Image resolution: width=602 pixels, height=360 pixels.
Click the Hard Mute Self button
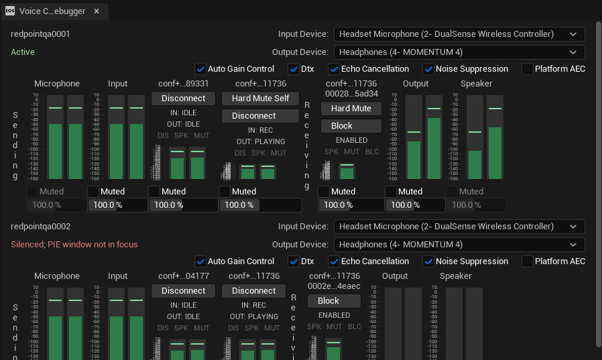pos(260,99)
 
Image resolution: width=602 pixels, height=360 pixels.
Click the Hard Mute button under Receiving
pos(351,109)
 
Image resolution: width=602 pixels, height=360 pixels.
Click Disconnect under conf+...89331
pos(183,99)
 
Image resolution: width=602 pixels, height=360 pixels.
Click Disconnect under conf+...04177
pos(183,291)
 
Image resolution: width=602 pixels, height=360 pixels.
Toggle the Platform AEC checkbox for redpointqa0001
pos(528,69)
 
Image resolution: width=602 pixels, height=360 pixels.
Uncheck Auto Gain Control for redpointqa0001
pos(200,69)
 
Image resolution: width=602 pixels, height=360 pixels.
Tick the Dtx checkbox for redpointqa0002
pos(294,261)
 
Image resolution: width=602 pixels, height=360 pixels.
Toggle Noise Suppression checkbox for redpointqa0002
pos(428,261)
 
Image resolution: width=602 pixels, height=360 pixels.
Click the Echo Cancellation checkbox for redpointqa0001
pos(334,69)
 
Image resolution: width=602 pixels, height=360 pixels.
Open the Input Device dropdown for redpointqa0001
pos(459,34)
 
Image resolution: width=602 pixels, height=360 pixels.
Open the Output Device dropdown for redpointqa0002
pos(459,245)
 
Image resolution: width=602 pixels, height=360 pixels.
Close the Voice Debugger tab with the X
pos(97,11)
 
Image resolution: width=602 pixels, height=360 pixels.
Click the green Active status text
pos(23,52)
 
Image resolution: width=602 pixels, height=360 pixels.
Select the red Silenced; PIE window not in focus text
pos(74,245)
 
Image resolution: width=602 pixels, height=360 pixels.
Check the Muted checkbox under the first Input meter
pos(93,192)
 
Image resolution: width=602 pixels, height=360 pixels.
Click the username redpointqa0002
pos(40,227)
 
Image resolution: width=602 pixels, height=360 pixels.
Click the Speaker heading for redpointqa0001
pos(476,84)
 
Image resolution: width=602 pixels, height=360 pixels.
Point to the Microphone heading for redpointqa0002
pos(57,276)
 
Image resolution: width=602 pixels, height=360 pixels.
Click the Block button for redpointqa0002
pos(328,301)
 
